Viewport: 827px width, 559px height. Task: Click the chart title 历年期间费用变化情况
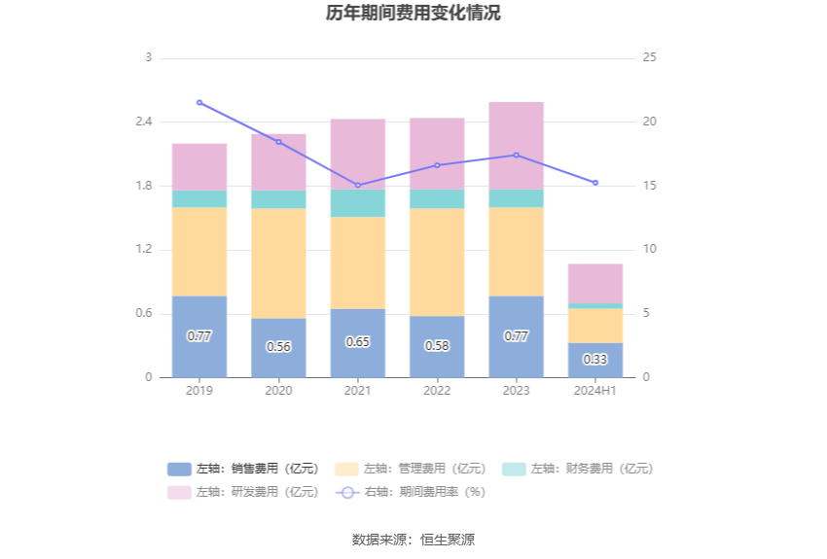[413, 14]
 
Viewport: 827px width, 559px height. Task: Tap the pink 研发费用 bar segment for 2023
[516, 146]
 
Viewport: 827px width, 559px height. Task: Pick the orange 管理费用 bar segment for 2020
[278, 262]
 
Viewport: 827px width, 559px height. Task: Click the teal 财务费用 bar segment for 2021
[358, 203]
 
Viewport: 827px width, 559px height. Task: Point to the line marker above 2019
[199, 102]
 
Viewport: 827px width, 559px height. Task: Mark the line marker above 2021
[358, 186]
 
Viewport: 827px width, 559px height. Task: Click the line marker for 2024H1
[595, 183]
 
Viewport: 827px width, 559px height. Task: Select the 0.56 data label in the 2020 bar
[278, 346]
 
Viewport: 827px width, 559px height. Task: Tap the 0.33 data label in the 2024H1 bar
[595, 359]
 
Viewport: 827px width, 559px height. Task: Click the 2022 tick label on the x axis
[437, 390]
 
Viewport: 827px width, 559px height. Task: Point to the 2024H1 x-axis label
[595, 390]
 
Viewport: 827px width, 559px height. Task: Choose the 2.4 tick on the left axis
[143, 122]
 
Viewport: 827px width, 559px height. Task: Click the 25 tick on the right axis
[650, 57]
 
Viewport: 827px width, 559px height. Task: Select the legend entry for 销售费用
[243, 469]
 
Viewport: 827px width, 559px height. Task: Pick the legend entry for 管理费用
[410, 469]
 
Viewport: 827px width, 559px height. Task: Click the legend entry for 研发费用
[243, 492]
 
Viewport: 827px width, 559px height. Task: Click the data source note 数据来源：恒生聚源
[413, 540]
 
